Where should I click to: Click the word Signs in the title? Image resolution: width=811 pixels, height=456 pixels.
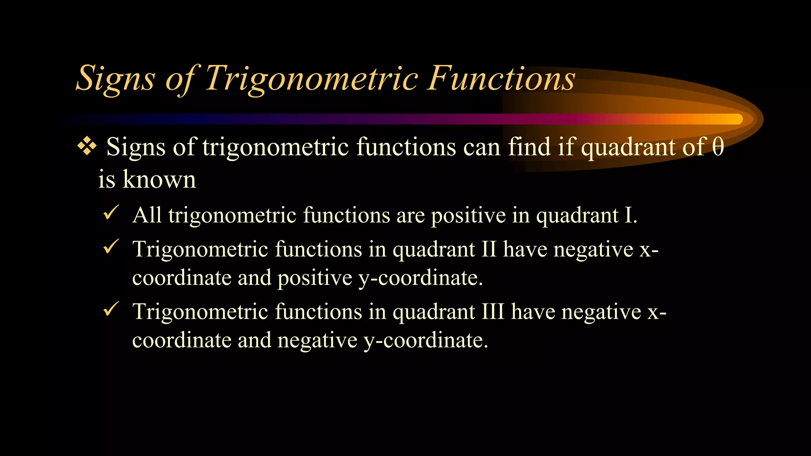115,78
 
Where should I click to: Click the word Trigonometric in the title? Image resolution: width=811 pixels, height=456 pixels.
312,78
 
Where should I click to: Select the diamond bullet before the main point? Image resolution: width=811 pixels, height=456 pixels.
87,147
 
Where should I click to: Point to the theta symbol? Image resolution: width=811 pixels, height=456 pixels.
718,147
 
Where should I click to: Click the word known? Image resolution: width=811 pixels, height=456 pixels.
159,179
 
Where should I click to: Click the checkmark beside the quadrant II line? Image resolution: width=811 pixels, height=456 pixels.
110,247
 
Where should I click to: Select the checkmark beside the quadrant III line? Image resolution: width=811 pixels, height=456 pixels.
110,309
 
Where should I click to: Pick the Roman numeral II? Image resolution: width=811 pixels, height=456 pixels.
489,250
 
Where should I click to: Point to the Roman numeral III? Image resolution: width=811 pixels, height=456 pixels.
493,312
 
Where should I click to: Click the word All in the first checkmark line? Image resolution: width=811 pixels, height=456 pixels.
147,216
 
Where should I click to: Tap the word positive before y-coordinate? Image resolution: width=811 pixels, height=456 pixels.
314,278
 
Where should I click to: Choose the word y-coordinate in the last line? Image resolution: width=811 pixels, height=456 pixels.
426,340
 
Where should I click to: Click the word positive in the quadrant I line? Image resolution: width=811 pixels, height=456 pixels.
468,216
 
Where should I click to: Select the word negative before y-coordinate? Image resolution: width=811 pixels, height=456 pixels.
317,340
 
